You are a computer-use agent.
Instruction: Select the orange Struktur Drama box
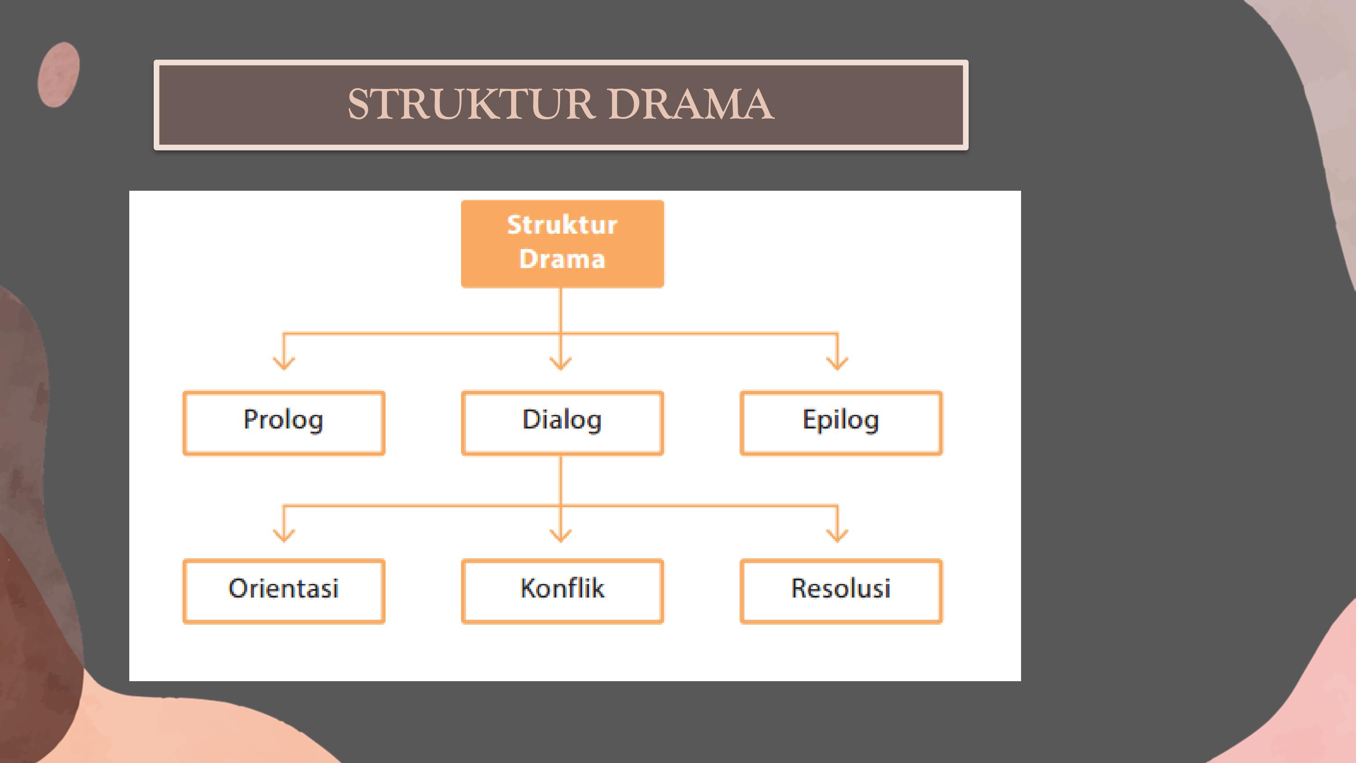[x=562, y=243]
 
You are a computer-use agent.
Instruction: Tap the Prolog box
[x=284, y=422]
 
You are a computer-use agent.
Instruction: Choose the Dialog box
[x=562, y=422]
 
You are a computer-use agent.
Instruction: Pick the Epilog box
[x=841, y=422]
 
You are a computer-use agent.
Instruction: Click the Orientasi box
[x=284, y=591]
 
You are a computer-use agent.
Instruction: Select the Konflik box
[x=562, y=591]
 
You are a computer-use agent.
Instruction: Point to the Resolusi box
[x=841, y=591]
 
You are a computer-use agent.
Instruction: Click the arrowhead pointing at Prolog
[x=284, y=363]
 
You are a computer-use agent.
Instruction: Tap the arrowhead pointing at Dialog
[x=560, y=363]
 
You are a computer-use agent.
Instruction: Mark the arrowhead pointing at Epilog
[x=837, y=363]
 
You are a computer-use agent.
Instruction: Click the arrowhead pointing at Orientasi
[x=284, y=536]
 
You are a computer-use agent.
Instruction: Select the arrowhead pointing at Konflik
[x=560, y=536]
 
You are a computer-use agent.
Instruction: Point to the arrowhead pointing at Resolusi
[x=837, y=536]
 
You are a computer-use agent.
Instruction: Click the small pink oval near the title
[x=58, y=75]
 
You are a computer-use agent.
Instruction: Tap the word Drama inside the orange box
[x=562, y=259]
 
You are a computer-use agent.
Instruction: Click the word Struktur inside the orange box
[x=562, y=225]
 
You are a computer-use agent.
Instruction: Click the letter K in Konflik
[x=528, y=588]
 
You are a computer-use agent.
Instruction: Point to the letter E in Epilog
[x=809, y=419]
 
